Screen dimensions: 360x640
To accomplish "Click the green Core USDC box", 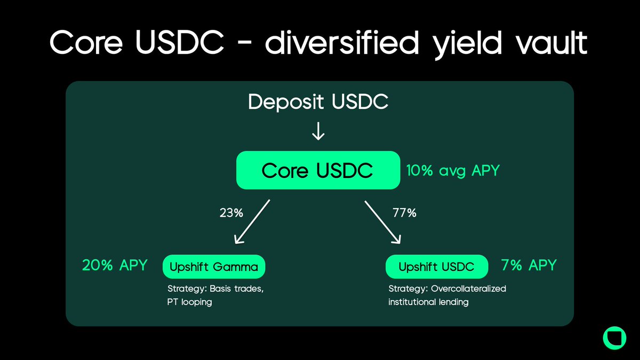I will (x=318, y=171).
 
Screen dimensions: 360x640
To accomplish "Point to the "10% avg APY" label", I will (x=453, y=171).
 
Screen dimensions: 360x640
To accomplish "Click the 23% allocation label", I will (x=231, y=213).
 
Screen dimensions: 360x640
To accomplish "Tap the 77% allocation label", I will (x=405, y=213).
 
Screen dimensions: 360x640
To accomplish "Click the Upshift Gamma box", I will (x=213, y=267).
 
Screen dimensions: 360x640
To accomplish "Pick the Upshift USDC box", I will (x=436, y=267).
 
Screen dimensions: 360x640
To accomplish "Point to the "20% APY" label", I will (x=114, y=265).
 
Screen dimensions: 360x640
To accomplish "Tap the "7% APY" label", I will (x=529, y=265).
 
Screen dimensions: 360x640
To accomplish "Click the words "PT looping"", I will (x=189, y=302).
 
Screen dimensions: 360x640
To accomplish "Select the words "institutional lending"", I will (x=428, y=302).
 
